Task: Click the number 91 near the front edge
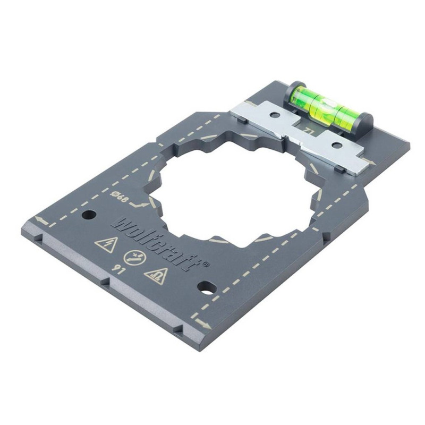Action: [117, 269]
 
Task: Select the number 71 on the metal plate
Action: [308, 131]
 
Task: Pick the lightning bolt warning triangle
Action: [107, 244]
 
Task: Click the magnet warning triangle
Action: [156, 276]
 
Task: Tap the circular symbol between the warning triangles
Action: [135, 258]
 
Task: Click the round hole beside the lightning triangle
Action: [89, 216]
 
